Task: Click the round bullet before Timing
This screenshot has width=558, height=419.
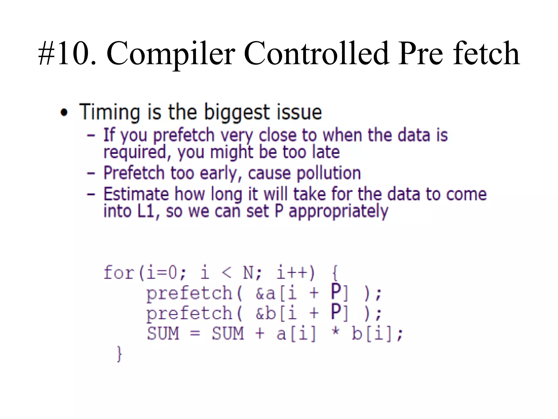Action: [64, 112]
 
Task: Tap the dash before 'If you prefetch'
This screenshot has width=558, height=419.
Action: [91, 135]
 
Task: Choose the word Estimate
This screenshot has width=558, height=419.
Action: [136, 194]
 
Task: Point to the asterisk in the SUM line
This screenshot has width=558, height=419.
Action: [336, 333]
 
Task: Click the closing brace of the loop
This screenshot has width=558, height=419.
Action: [119, 354]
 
